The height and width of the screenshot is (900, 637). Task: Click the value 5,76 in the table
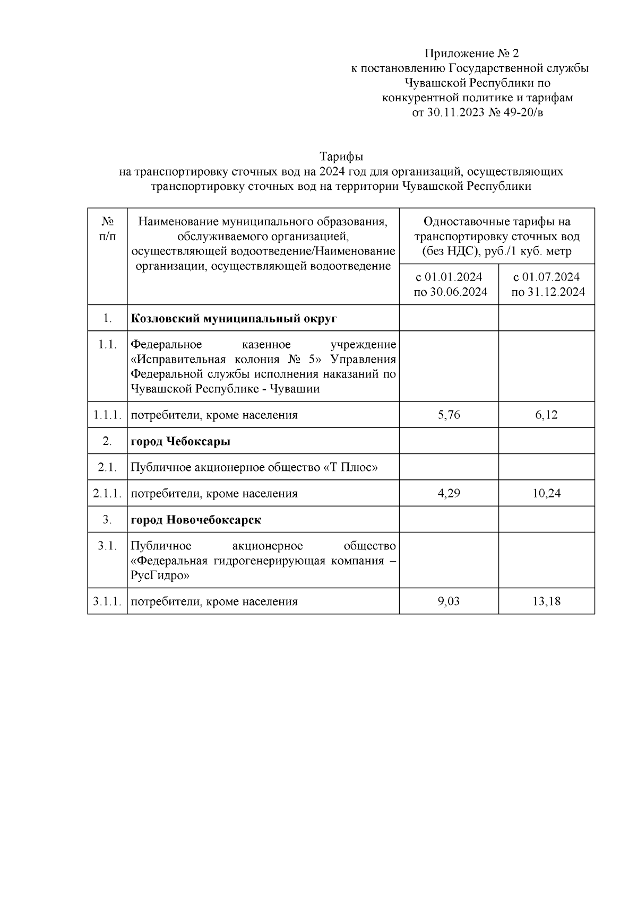point(449,415)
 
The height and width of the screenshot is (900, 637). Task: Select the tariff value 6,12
point(546,415)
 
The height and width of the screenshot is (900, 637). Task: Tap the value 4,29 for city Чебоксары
point(449,493)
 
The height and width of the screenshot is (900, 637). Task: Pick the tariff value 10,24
point(546,493)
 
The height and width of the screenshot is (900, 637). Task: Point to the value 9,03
point(449,601)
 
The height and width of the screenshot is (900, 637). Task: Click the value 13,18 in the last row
point(546,601)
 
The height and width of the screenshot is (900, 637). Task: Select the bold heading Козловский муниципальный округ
point(234,318)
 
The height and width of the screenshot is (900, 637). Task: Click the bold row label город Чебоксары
point(180,441)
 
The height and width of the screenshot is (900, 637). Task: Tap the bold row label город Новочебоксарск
point(196,520)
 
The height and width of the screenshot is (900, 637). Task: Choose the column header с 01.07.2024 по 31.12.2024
point(546,284)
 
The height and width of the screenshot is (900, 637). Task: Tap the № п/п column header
point(107,229)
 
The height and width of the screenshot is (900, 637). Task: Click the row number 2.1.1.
point(107,493)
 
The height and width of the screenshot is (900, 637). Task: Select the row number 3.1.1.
point(107,601)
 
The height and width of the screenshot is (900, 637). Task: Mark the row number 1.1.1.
point(107,415)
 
